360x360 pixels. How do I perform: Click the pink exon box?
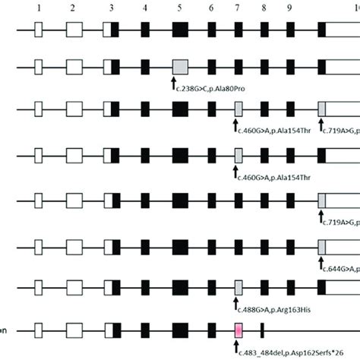238,331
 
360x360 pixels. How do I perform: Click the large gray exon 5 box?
180,67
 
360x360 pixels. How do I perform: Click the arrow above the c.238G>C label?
175,81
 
